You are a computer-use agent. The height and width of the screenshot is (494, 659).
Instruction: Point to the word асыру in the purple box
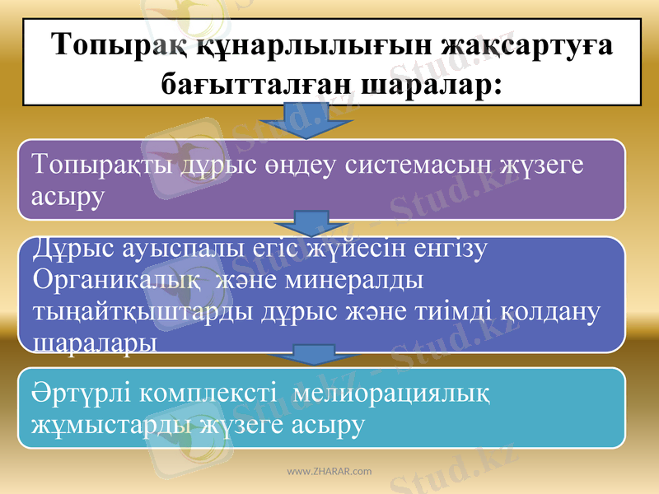click(68, 197)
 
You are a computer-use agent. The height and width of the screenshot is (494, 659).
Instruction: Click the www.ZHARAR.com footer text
click(329, 472)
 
